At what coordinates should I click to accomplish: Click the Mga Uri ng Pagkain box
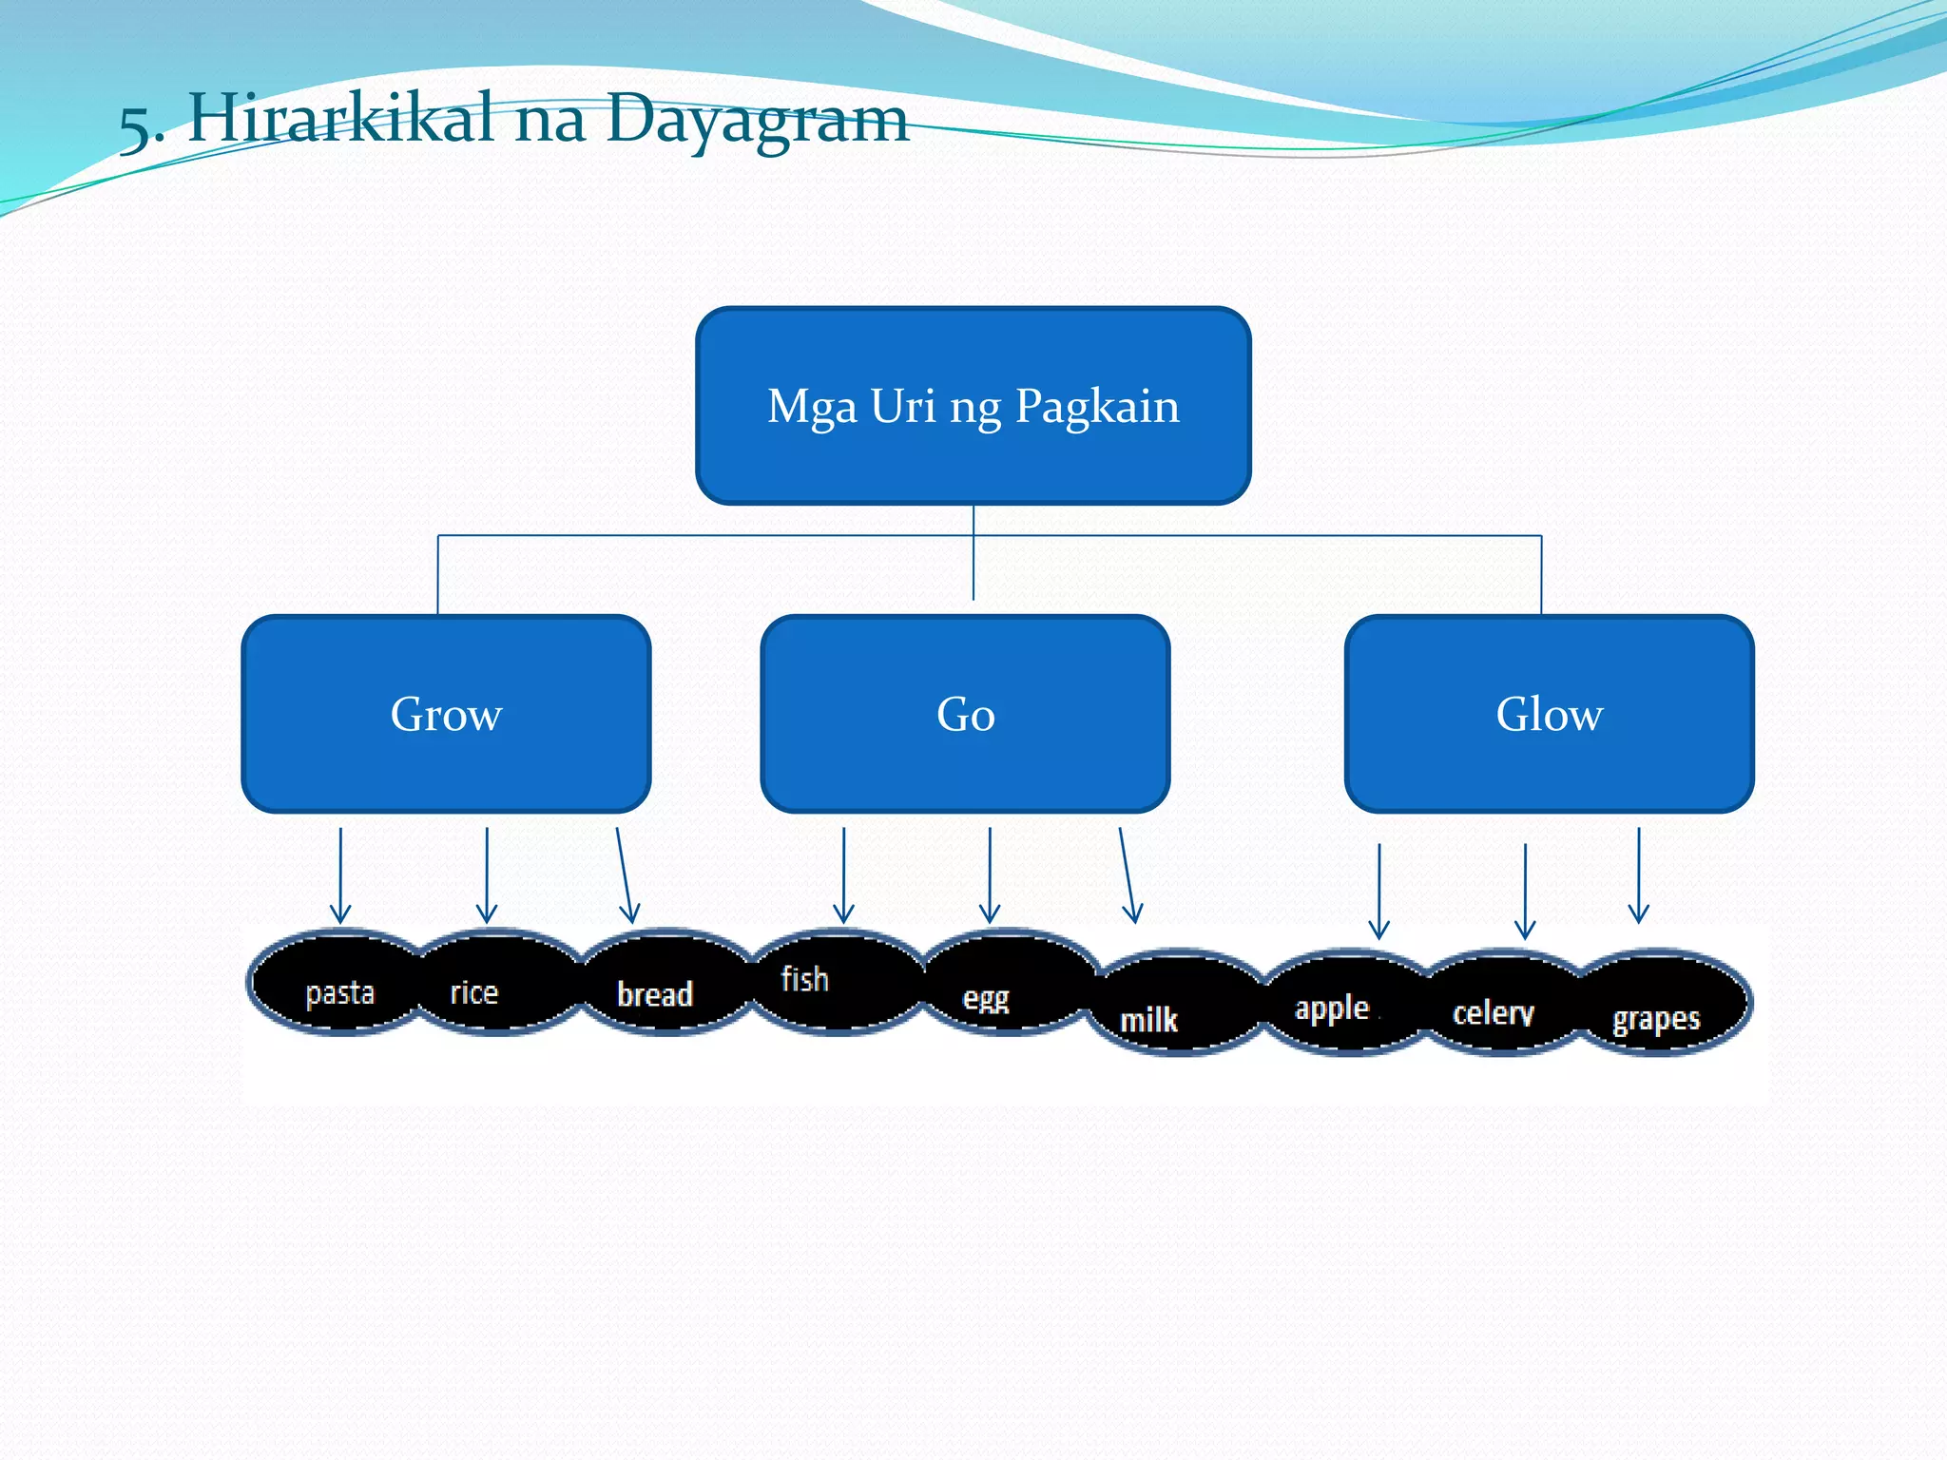(973, 406)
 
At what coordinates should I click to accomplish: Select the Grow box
(446, 714)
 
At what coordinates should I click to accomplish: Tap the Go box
(965, 714)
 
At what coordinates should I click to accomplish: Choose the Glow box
(1549, 714)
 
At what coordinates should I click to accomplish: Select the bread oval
(665, 986)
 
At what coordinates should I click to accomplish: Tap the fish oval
(837, 982)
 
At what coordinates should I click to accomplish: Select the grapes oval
(1664, 1006)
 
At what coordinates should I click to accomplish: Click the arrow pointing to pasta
(340, 874)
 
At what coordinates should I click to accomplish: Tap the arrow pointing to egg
(990, 874)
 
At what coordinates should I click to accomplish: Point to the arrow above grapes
(1638, 874)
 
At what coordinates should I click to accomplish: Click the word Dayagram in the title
(757, 120)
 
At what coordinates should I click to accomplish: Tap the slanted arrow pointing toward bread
(624, 874)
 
